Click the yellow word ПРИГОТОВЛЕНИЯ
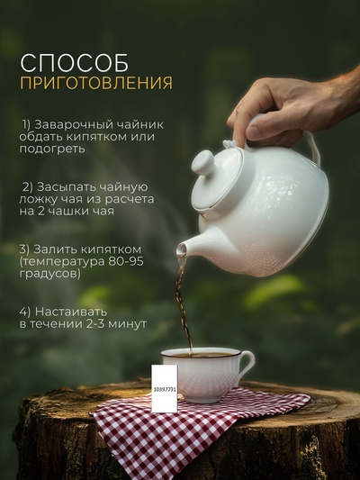point(96,84)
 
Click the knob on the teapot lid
point(203,163)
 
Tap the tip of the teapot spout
point(181,249)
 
